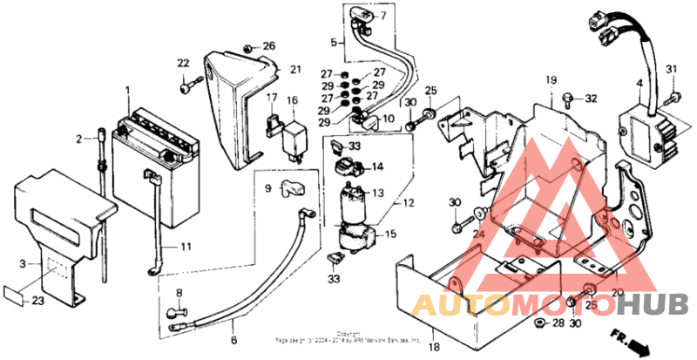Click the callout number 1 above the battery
(127, 91)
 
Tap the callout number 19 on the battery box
(551, 81)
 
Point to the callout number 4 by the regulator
(639, 85)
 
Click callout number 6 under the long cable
(233, 340)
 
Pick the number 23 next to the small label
(37, 302)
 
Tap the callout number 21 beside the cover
(295, 70)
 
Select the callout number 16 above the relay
(293, 101)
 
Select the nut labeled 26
(249, 46)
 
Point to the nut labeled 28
(538, 323)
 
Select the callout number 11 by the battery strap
(186, 248)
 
